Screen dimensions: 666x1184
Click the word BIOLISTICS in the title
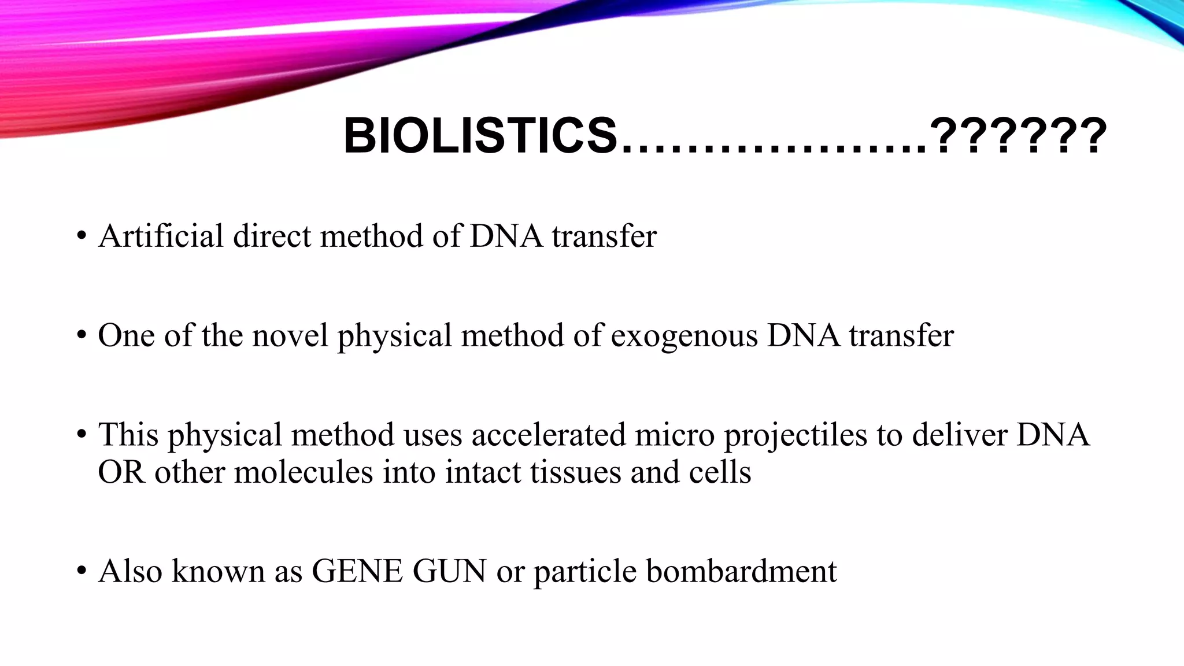click(x=480, y=136)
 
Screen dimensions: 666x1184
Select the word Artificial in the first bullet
click(x=161, y=236)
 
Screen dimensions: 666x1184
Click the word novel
click(x=290, y=335)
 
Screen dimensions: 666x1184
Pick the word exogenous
click(x=684, y=335)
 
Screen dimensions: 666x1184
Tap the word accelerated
click(x=549, y=435)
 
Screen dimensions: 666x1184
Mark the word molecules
click(x=304, y=472)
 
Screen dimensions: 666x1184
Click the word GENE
click(x=357, y=571)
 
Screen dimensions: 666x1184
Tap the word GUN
click(x=450, y=571)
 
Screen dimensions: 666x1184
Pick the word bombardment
click(x=741, y=571)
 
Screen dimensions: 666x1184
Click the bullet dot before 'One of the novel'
click(x=82, y=336)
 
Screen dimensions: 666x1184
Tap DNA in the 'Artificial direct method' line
click(x=506, y=236)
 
